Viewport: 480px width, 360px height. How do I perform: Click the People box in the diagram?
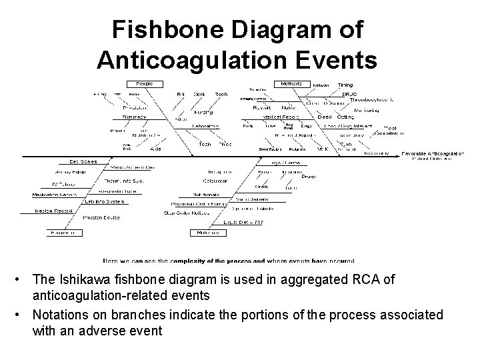coord(144,83)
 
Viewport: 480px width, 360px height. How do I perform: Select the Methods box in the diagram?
coord(290,84)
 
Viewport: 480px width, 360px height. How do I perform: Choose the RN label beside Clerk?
coord(181,94)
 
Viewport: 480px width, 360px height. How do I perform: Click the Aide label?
coord(155,149)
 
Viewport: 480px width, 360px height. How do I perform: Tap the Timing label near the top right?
coord(345,85)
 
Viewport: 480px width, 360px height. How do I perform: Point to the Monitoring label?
coord(366,109)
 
